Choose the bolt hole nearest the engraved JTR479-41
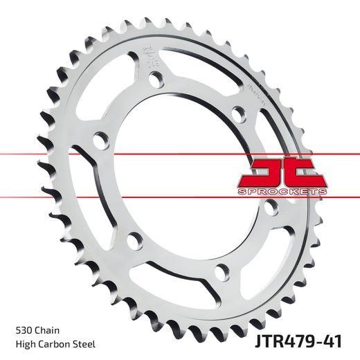(x=237, y=113)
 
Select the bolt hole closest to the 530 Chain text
(x=134, y=242)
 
